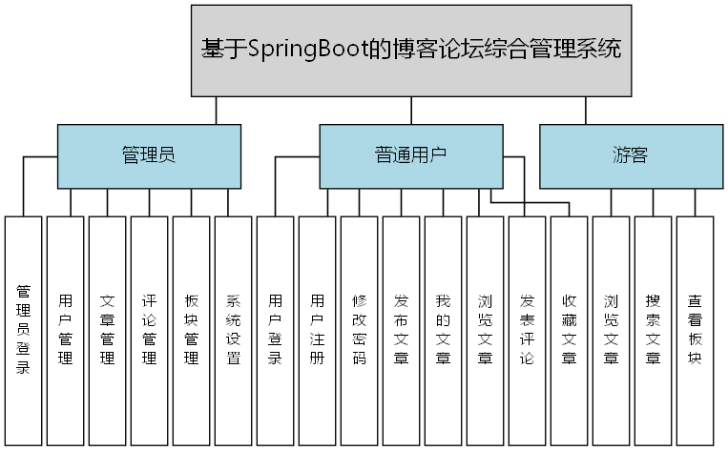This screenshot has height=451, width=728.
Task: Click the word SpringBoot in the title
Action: [x=306, y=49]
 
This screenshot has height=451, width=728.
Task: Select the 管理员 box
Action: [x=148, y=156]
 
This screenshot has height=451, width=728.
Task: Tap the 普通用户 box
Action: [x=410, y=156]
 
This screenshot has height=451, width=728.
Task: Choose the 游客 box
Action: [x=630, y=156]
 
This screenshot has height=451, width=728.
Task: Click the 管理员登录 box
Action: [x=24, y=330]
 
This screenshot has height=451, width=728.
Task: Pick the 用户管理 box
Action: [x=66, y=330]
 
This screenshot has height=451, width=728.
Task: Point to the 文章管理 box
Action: [x=108, y=330]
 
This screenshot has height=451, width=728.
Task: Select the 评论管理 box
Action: [x=150, y=330]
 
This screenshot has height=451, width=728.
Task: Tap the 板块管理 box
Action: [x=192, y=330]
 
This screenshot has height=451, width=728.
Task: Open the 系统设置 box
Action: [x=234, y=330]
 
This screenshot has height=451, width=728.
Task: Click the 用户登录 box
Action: [x=276, y=330]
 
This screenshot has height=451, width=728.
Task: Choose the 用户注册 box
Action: [x=318, y=330]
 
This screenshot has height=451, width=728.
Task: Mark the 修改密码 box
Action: [x=360, y=330]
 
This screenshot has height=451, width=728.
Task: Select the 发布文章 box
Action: [x=402, y=330]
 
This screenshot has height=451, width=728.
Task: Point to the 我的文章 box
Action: [x=444, y=330]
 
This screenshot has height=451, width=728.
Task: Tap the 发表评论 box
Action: [x=528, y=330]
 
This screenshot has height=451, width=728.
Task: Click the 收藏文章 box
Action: [x=570, y=330]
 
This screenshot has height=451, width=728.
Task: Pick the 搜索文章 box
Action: [x=654, y=330]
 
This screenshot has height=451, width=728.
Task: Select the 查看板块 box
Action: [x=696, y=330]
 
